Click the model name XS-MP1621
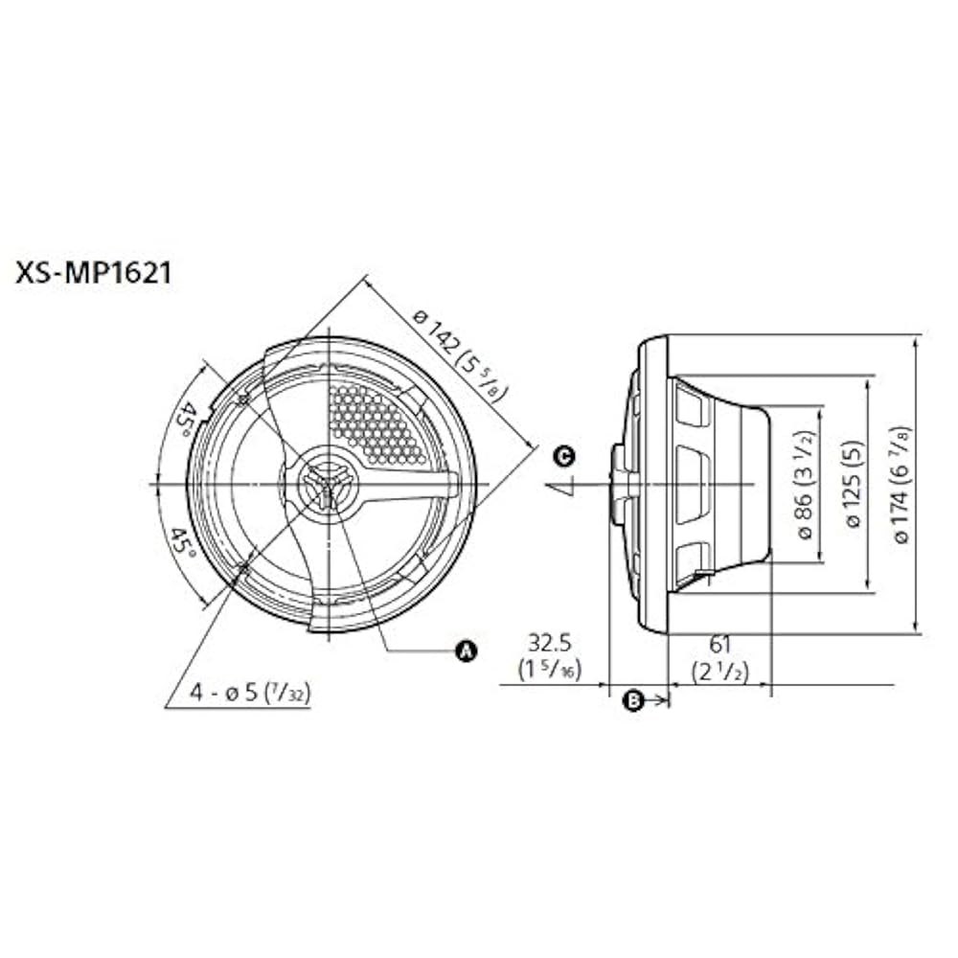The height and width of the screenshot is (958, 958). click(94, 274)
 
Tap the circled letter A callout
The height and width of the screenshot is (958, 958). click(467, 651)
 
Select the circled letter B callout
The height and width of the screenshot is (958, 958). click(634, 700)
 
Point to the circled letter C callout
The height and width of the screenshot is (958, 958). click(564, 456)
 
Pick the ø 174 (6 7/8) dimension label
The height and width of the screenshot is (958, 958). click(903, 484)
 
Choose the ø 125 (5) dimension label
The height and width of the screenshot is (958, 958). click(855, 484)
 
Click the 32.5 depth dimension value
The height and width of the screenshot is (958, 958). click(549, 643)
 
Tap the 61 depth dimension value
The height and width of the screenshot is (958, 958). click(720, 644)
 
